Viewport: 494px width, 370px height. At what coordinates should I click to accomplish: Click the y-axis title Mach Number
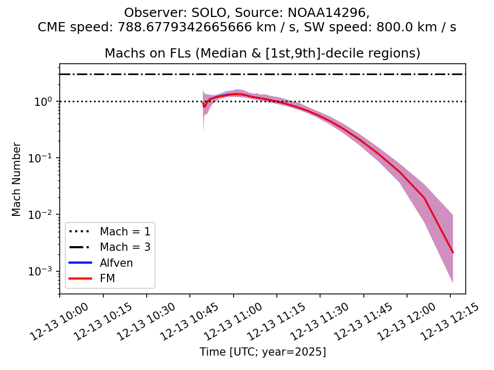coord(17,179)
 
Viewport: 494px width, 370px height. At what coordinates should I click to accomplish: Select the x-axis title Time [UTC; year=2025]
coord(262,352)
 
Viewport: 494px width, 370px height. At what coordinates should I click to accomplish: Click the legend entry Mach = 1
coord(125,231)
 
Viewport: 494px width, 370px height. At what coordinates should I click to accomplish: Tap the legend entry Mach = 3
coord(125,247)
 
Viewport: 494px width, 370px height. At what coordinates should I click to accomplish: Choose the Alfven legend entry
coord(116,263)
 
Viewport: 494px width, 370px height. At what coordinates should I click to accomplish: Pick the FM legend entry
coord(107,279)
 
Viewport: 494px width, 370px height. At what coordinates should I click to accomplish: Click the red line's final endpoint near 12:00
coord(453,252)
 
